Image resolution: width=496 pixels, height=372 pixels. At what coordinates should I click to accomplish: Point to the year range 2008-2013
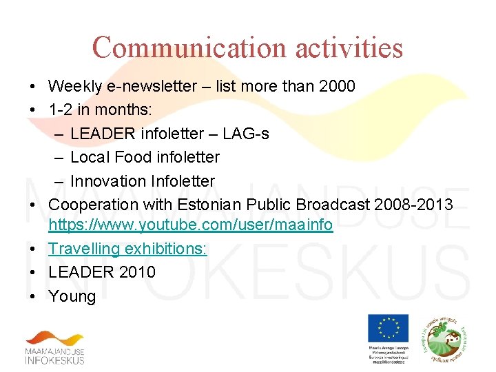(420, 205)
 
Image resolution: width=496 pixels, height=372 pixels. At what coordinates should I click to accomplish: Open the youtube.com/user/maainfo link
(191, 225)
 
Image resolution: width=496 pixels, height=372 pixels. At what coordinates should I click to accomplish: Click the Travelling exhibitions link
(127, 249)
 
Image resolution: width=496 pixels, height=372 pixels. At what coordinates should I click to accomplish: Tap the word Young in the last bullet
(72, 296)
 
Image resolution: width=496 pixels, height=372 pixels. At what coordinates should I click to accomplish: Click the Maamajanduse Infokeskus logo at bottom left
(55, 348)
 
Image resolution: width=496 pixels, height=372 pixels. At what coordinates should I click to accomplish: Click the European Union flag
(388, 328)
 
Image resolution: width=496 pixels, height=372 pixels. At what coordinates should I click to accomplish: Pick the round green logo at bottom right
(445, 335)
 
